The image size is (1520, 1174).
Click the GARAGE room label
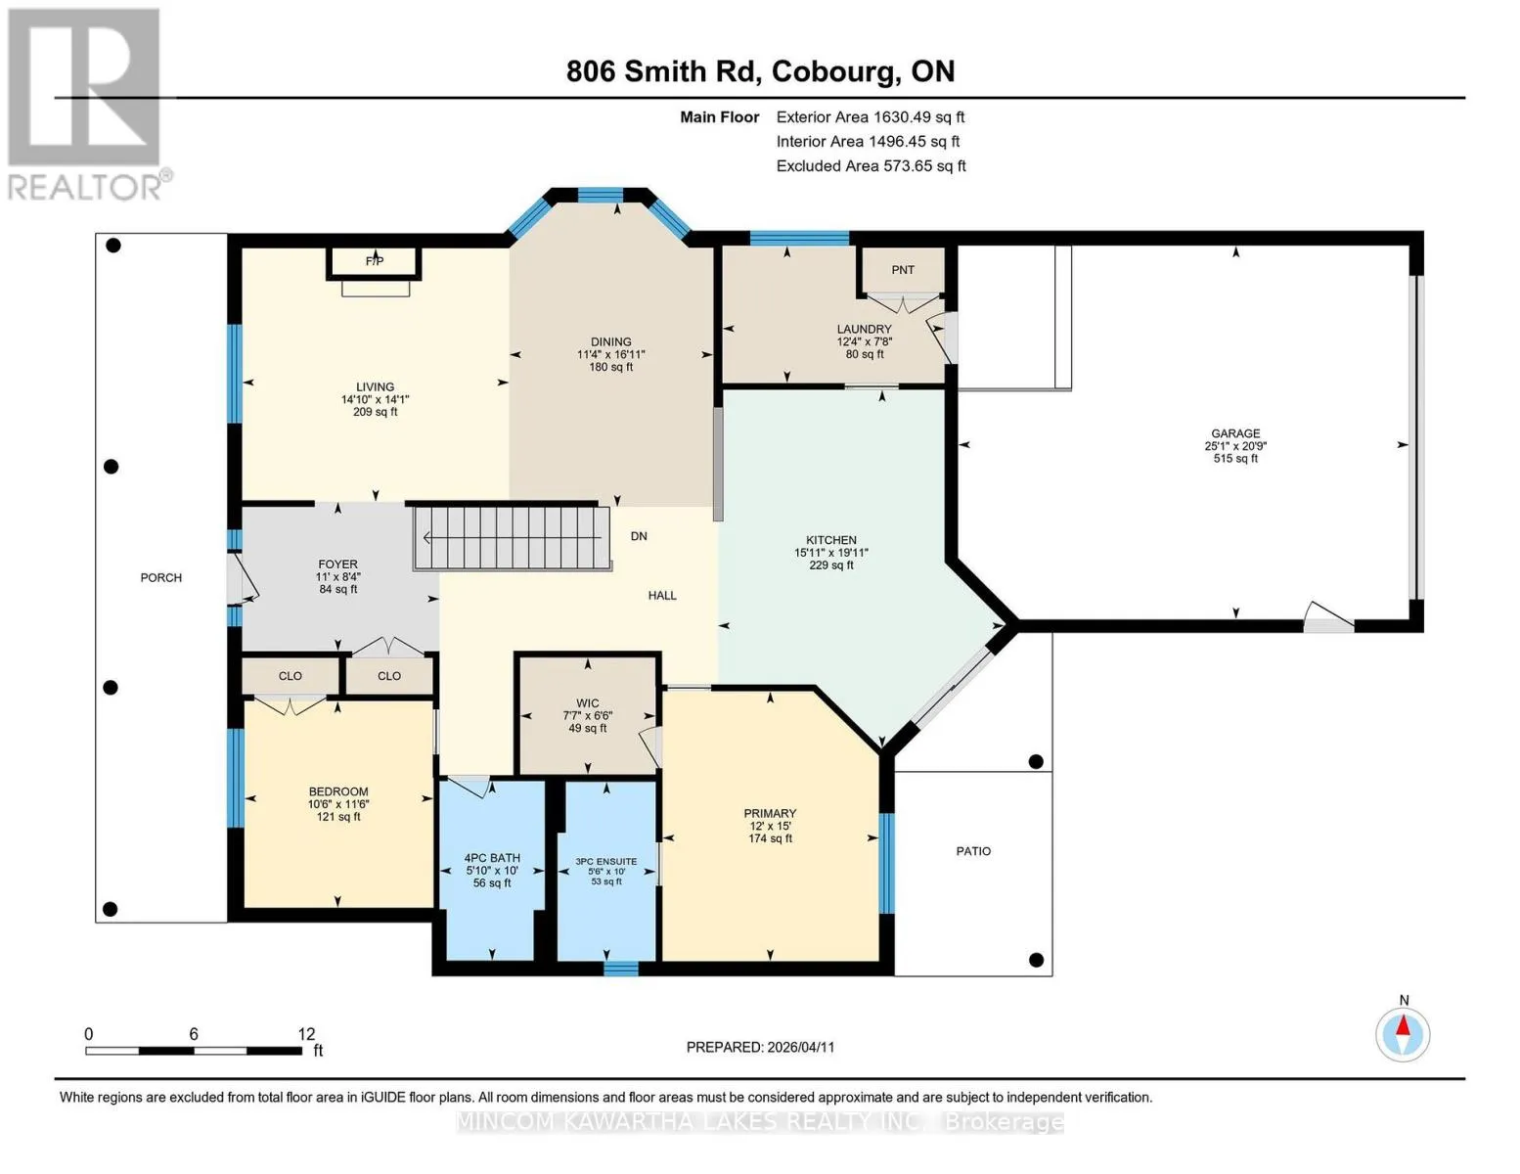[1235, 433]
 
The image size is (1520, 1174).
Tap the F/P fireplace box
[375, 263]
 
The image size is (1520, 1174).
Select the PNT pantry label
[903, 270]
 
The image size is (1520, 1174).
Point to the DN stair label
[639, 537]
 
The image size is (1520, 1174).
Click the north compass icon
[1403, 1035]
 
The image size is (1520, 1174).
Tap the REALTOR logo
[87, 105]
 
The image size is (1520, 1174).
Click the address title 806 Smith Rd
[662, 71]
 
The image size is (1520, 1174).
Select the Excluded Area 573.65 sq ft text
[871, 165]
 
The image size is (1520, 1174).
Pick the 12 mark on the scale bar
[306, 1034]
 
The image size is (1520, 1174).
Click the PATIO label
[973, 851]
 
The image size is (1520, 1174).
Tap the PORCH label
[160, 578]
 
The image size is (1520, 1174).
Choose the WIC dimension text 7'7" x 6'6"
[588, 716]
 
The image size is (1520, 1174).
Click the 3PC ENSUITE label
[605, 861]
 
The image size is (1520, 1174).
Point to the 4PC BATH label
[492, 858]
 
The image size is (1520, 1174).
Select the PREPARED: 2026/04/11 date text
[760, 1048]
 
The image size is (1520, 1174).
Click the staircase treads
[513, 537]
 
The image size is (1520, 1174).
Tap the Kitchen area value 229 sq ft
[831, 565]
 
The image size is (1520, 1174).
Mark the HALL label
[662, 596]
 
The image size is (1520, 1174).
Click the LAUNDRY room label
[864, 329]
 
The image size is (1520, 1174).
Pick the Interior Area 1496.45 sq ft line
[868, 141]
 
